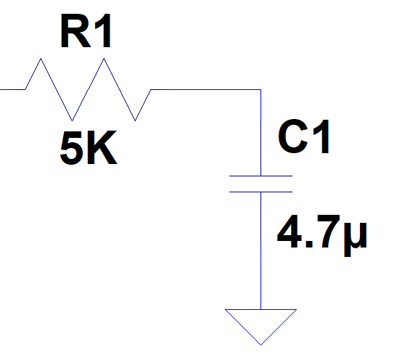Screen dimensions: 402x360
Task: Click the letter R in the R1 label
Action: click(75, 30)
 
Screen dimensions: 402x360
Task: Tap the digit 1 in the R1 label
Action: click(103, 30)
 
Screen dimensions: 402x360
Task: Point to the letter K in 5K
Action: click(102, 147)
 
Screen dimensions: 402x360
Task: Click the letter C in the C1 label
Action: click(293, 136)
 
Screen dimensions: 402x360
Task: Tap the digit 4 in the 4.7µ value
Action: click(289, 232)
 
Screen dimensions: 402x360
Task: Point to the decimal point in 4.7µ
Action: click(309, 244)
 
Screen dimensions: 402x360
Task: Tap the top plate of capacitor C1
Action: click(261, 176)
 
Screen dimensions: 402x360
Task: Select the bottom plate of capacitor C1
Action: click(261, 192)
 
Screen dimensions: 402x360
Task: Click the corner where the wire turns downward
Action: click(261, 90)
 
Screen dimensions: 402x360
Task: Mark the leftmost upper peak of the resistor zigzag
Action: click(41, 59)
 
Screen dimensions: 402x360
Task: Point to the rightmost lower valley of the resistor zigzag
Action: click(135, 120)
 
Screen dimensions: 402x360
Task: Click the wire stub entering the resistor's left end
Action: click(12, 89)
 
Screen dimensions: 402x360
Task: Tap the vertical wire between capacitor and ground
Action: click(261, 250)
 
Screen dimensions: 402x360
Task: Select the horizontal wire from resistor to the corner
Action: click(205, 90)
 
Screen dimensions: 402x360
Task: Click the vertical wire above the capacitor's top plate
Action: click(261, 133)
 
